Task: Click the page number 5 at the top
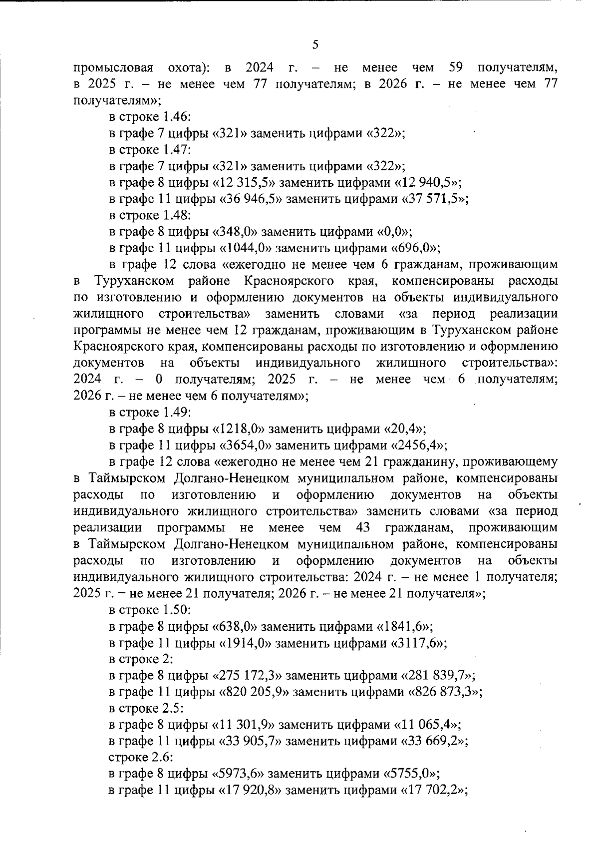click(315, 45)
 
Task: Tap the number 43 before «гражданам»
click(363, 528)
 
